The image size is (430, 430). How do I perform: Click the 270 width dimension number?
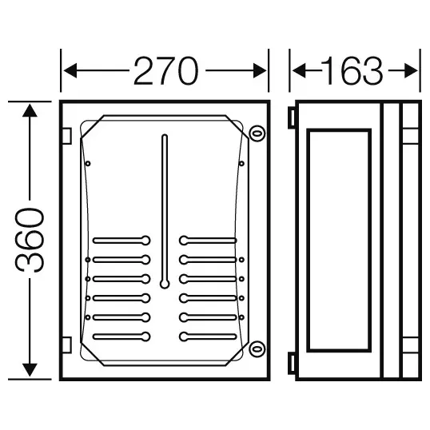(165, 71)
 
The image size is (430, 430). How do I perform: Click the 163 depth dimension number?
(352, 71)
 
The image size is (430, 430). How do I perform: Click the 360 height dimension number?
(30, 241)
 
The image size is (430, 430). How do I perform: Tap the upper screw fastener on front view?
(257, 133)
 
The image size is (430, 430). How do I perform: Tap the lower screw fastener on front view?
(257, 349)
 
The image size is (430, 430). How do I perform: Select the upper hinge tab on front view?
(66, 136)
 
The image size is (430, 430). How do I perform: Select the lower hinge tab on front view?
(66, 344)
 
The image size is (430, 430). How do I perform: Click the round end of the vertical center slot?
(165, 284)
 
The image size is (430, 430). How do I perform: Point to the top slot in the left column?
(121, 241)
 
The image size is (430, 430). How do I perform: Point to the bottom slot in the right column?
(208, 336)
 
